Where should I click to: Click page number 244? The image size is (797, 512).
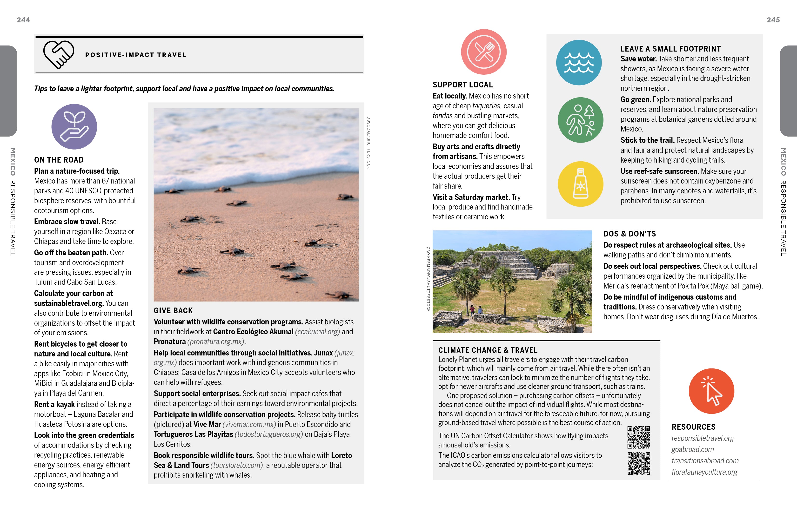[23, 20]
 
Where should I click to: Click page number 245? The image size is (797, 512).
[773, 20]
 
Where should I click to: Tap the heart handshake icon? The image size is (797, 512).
[59, 54]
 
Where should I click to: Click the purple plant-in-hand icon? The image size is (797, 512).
[74, 127]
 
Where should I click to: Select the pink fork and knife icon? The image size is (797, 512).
[484, 52]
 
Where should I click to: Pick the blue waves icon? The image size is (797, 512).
[579, 63]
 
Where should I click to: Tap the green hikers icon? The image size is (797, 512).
[580, 120]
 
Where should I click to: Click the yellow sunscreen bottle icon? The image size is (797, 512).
[580, 184]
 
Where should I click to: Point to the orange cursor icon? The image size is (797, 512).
[711, 391]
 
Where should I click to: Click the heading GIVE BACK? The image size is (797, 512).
[173, 310]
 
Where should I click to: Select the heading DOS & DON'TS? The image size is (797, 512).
[629, 234]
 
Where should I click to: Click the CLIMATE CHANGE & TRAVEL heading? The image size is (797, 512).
[488, 350]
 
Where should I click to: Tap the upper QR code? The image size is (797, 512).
[638, 437]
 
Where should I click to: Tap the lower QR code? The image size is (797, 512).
[639, 463]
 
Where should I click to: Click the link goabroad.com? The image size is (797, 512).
[693, 449]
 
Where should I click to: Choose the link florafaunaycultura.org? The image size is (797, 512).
[704, 472]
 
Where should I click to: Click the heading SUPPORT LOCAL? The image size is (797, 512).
[462, 85]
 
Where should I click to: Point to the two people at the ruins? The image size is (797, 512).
[476, 310]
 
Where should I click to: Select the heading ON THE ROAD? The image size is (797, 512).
[59, 160]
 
